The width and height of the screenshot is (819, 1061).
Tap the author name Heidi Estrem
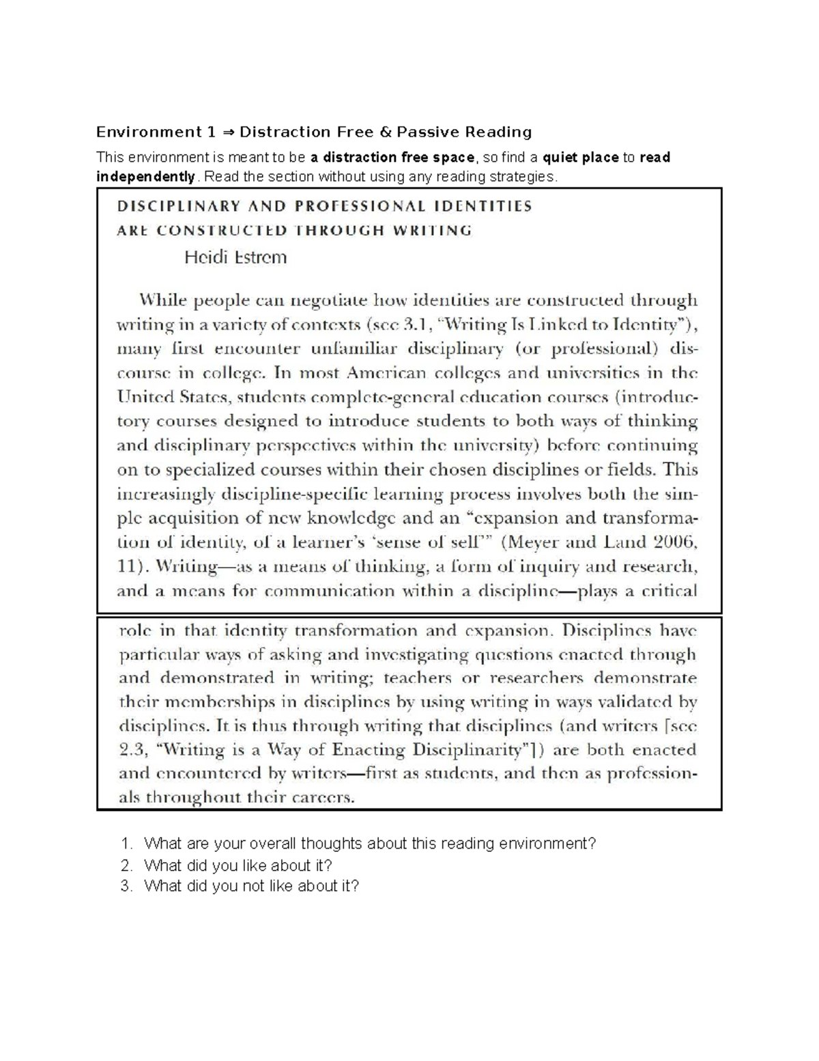235,258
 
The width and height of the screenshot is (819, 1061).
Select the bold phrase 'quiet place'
580,158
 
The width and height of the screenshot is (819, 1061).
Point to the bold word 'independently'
146,177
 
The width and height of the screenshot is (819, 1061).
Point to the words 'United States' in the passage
172,397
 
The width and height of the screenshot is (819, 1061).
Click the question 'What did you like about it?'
238,866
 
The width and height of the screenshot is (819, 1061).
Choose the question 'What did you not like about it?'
251,886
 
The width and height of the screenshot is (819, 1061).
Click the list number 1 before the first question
124,844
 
